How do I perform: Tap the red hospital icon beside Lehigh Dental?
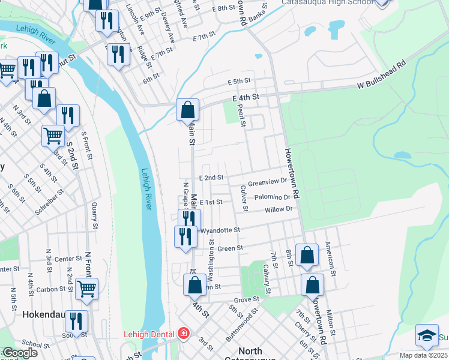(x=182, y=334)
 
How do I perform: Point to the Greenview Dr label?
(x=268, y=182)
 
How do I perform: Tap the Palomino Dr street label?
(x=272, y=197)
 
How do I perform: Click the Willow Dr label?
(x=279, y=209)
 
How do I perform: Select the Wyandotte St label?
(x=220, y=230)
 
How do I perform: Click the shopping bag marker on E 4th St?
(x=187, y=110)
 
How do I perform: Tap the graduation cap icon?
(x=427, y=336)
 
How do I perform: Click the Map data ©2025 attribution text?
(x=423, y=355)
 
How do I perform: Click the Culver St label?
(x=245, y=199)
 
